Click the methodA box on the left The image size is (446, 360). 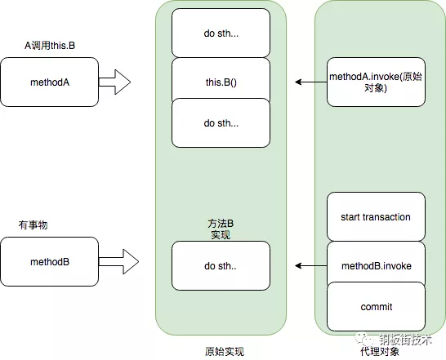pos(50,82)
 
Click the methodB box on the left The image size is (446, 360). pos(50,262)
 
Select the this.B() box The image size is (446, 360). pos(221,82)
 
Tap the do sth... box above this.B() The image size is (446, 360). pos(221,33)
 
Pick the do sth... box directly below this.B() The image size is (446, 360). pos(221,122)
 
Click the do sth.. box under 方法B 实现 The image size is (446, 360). pos(221,266)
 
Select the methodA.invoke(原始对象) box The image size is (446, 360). pos(376,82)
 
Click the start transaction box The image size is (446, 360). pos(376,217)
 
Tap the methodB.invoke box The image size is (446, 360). pos(376,266)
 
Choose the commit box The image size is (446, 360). pos(376,307)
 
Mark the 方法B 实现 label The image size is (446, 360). pos(221,228)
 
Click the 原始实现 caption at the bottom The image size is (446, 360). pos(221,351)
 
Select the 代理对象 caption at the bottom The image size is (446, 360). pos(376,351)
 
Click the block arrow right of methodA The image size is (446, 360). pos(114,82)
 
